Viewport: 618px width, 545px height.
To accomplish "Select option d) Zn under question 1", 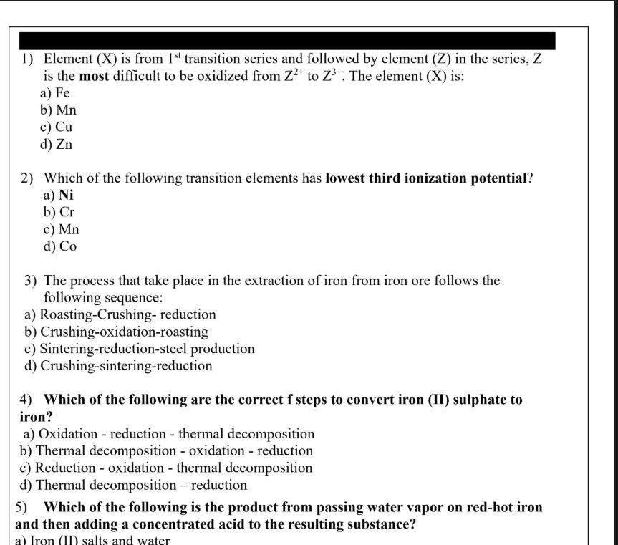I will tap(57, 145).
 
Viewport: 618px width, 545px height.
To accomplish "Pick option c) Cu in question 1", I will tap(57, 127).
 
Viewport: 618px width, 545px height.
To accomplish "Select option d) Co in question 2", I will tap(59, 246).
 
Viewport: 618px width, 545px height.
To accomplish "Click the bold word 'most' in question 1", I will tap(93, 77).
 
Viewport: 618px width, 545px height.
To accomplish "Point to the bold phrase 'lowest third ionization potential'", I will tap(426, 179).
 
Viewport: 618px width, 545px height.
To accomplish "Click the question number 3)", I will tap(31, 281).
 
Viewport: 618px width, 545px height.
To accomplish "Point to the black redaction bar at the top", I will tap(286, 40).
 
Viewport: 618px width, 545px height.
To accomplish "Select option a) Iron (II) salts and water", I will tap(92, 540).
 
